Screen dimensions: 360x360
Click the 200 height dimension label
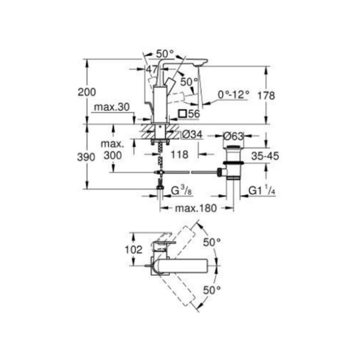[x=87, y=92]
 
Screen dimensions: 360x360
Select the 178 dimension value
[x=266, y=95]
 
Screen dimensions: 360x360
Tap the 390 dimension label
[x=86, y=157]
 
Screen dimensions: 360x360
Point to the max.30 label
[x=112, y=107]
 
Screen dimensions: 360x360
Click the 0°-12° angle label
[x=234, y=94]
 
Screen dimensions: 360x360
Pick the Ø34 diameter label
[x=192, y=134]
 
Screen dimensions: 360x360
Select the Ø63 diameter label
[x=233, y=136]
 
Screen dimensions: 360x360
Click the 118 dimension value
[x=179, y=155]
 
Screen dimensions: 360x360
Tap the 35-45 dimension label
[x=265, y=156]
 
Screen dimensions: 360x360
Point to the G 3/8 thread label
[x=182, y=191]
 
